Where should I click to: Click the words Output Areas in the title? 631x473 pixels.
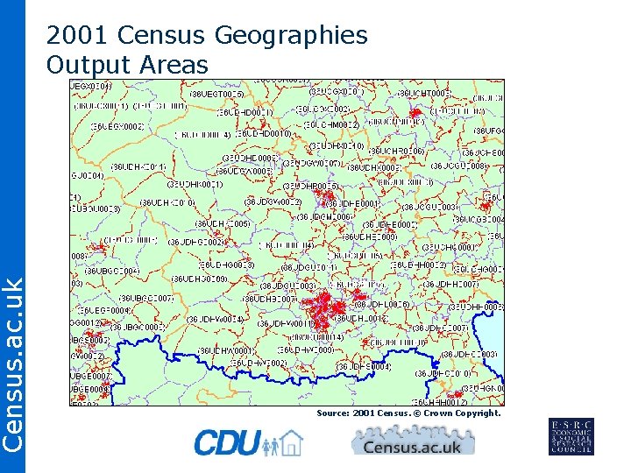(127, 65)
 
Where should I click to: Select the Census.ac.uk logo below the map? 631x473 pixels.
(412, 442)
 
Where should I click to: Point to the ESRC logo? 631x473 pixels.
(571, 436)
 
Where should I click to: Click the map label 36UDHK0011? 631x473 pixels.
(138, 166)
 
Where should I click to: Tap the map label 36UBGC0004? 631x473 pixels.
(110, 271)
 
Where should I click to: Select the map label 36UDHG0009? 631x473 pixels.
(199, 279)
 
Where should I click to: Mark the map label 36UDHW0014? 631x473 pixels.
(214, 319)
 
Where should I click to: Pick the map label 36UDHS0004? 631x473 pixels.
(363, 366)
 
